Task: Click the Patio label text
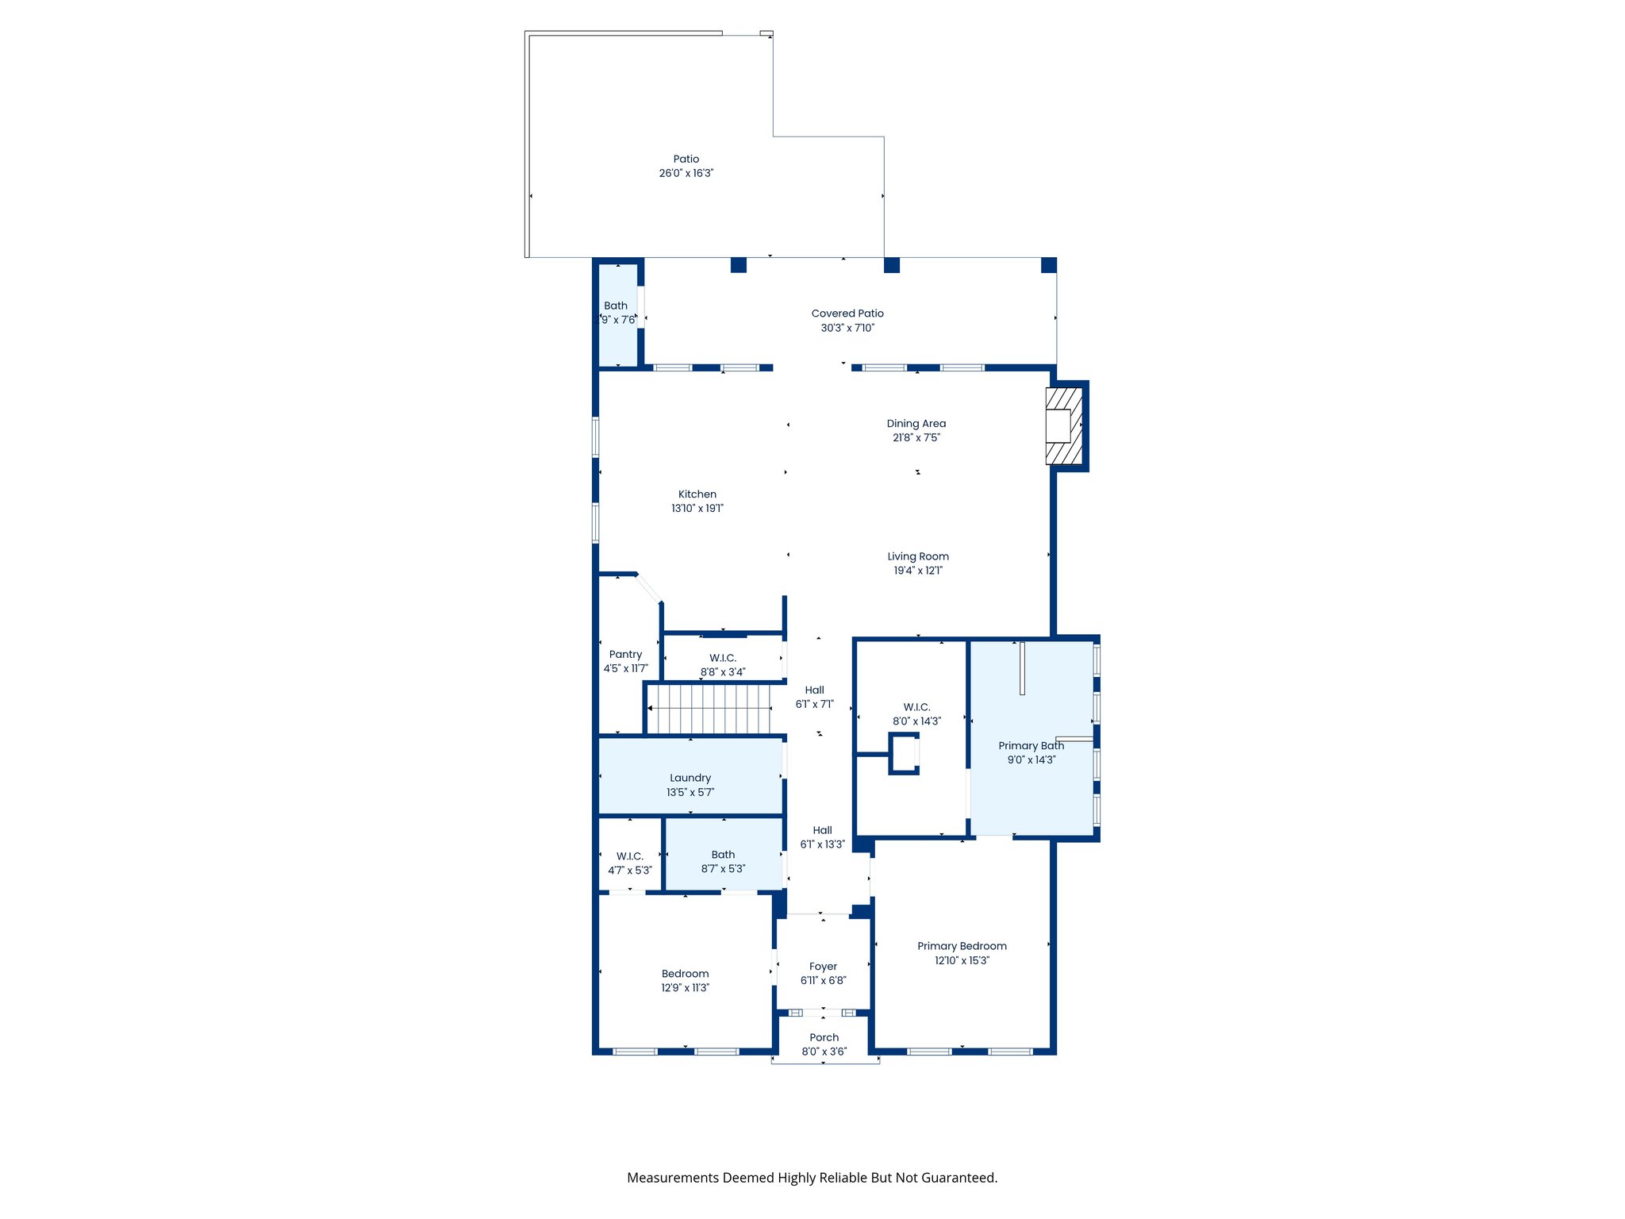(x=686, y=159)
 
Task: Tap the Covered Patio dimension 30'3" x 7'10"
(x=847, y=328)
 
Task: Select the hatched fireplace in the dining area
(x=1064, y=425)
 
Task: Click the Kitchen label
(x=697, y=494)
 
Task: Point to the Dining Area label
(x=916, y=424)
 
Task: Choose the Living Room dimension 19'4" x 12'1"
(x=917, y=571)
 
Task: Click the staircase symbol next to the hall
(x=709, y=709)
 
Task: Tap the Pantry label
(x=625, y=655)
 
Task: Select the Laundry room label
(x=690, y=779)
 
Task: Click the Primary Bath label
(x=1030, y=746)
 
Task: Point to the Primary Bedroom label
(x=962, y=946)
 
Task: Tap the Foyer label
(x=823, y=967)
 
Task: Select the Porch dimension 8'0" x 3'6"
(x=824, y=1052)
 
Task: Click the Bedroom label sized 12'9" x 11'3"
(x=685, y=974)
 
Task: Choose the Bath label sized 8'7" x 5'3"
(x=722, y=855)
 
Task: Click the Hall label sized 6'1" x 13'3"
(x=822, y=830)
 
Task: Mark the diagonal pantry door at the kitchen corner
(x=648, y=587)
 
